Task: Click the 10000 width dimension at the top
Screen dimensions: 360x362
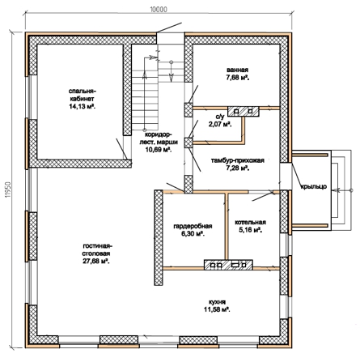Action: click(159, 10)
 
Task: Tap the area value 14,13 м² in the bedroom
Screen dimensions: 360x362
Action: click(83, 106)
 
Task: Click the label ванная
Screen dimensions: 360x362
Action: click(237, 70)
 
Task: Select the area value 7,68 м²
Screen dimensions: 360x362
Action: click(237, 78)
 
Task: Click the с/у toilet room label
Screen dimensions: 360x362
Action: click(220, 117)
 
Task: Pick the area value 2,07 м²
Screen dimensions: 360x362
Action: click(220, 125)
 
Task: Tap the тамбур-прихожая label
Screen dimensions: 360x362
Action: click(237, 160)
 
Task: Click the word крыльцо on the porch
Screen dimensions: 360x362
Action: click(313, 186)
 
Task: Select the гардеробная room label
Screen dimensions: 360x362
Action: click(193, 226)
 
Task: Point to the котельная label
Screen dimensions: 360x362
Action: click(251, 222)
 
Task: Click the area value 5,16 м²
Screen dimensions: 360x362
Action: click(251, 230)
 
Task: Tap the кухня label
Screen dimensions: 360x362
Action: click(217, 302)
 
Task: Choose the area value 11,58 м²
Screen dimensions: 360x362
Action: click(217, 309)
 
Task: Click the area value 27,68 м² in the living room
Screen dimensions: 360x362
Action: click(96, 262)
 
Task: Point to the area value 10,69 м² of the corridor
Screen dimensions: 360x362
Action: click(159, 149)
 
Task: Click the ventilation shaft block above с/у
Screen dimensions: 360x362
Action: click(244, 111)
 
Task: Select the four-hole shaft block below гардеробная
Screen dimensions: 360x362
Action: click(228, 265)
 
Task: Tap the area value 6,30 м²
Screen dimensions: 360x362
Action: click(193, 234)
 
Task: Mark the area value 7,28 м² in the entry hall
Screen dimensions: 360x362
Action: click(237, 168)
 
